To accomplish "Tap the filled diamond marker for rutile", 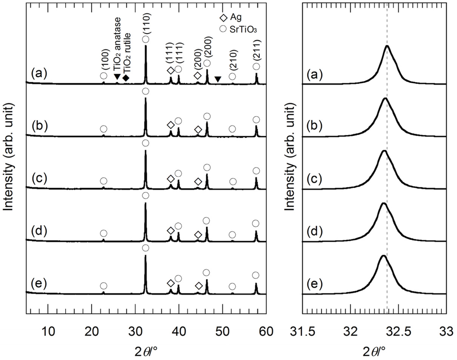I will pos(126,79).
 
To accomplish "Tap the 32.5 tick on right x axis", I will pos(399,331).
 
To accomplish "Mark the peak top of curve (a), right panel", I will pos(387,46).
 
